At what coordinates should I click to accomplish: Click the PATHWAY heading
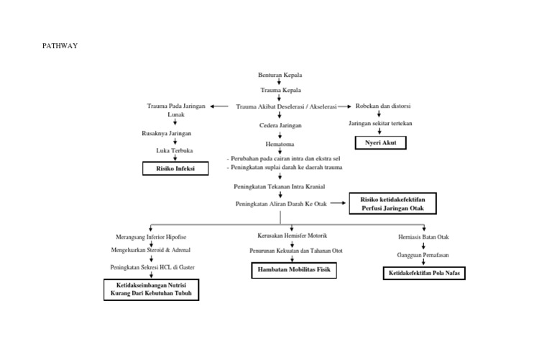60,46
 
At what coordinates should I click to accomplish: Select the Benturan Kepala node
280,75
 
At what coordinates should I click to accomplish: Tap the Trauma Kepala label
280,91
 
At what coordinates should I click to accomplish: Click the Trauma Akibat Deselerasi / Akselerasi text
286,106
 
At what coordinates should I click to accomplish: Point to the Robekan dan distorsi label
383,106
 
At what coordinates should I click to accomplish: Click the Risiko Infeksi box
176,169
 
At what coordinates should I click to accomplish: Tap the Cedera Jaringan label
280,125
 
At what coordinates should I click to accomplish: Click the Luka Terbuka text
175,150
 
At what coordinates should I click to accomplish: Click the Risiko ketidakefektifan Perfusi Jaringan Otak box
392,203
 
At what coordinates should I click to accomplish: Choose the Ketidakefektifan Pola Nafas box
423,274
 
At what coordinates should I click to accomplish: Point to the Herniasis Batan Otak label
423,236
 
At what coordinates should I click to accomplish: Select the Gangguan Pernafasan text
423,255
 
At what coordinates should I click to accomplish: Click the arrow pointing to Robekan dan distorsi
346,106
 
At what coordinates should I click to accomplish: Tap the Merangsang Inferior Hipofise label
151,236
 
